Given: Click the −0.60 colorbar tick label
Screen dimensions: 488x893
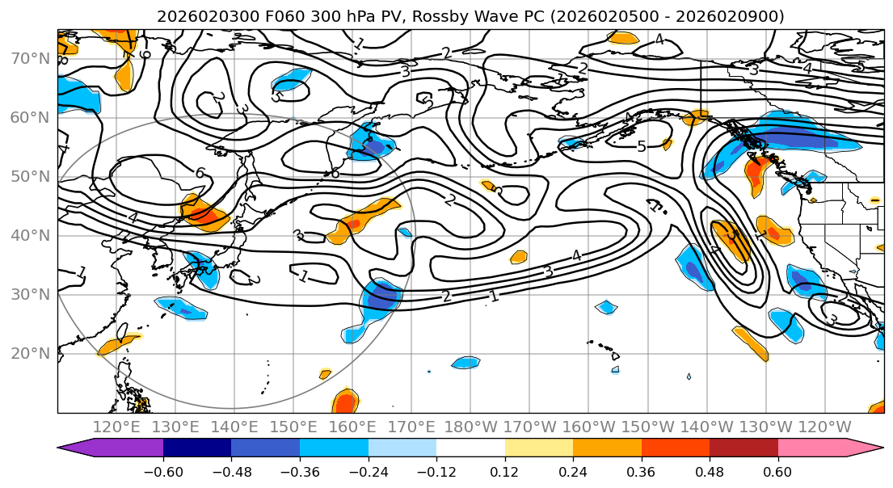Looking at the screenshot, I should point(163,470).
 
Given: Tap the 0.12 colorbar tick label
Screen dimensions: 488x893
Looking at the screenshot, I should point(505,470).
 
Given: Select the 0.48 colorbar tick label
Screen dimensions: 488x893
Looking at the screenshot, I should point(710,470).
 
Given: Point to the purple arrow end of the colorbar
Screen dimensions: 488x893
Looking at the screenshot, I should point(77,448).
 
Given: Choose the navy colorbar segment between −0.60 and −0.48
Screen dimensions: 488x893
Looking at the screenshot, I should point(197,448).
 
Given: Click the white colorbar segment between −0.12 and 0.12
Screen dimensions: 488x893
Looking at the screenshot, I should point(470,448).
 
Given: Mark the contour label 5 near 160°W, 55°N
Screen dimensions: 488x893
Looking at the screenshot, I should point(642,147).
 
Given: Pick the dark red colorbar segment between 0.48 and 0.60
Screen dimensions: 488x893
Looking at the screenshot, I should point(743,448).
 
